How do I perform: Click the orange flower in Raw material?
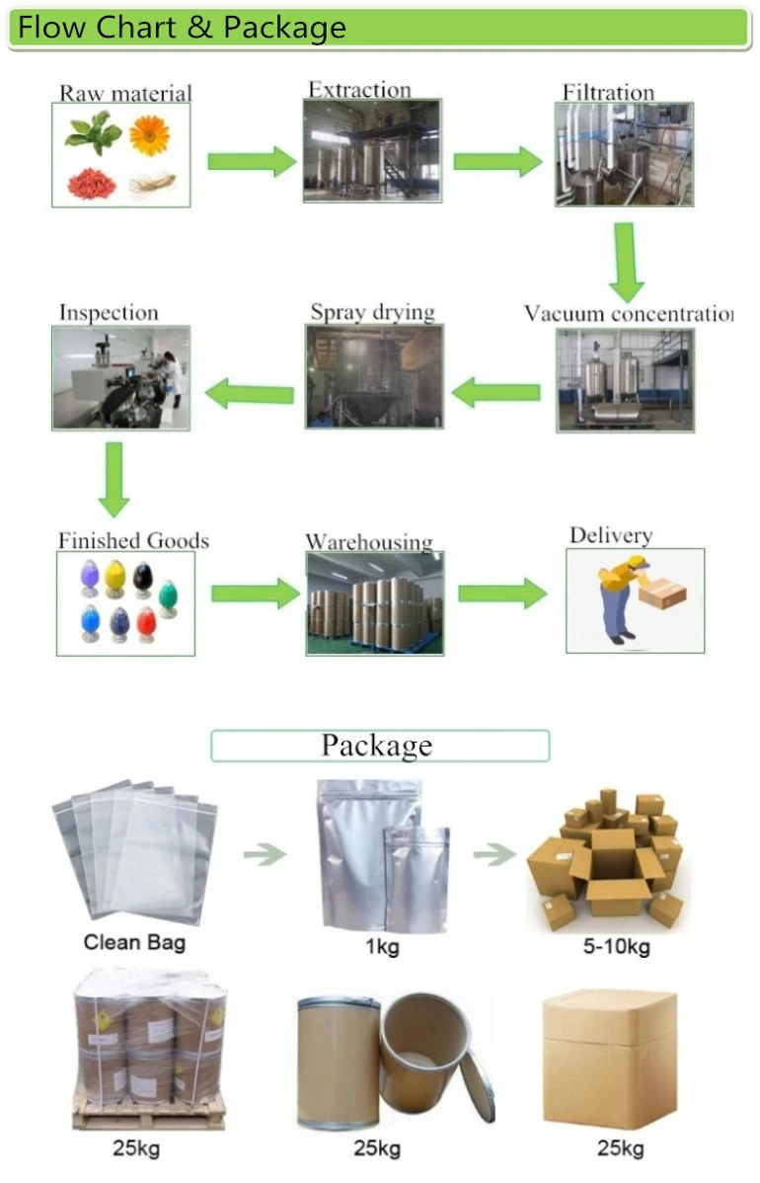tap(149, 135)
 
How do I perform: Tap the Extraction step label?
tap(358, 90)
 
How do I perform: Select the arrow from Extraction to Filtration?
tap(497, 161)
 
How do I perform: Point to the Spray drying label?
tap(372, 313)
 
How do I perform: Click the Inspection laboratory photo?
tap(120, 378)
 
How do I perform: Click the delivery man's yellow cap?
tap(637, 564)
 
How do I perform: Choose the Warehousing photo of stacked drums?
tap(374, 602)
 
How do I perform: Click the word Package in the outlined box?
tap(377, 746)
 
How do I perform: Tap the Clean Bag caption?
tap(134, 941)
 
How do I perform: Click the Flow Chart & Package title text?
tap(183, 28)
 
